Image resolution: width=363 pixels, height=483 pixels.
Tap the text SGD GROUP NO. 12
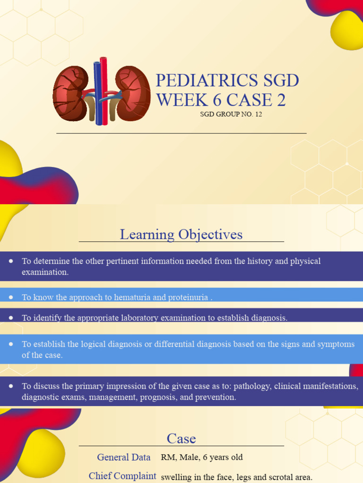tap(231, 114)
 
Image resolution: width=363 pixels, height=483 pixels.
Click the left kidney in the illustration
tap(70, 93)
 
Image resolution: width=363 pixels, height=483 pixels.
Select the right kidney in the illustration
tap(133, 93)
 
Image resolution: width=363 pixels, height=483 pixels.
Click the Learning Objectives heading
tap(181, 234)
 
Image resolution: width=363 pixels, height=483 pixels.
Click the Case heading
tap(181, 439)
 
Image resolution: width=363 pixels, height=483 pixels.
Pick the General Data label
tap(124, 457)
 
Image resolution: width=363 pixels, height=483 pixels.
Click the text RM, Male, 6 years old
tap(202, 457)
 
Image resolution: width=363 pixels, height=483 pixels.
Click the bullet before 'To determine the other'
tap(10, 261)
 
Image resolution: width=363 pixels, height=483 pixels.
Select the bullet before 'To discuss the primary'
tap(10, 386)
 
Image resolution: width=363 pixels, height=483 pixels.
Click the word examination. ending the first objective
tap(45, 272)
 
